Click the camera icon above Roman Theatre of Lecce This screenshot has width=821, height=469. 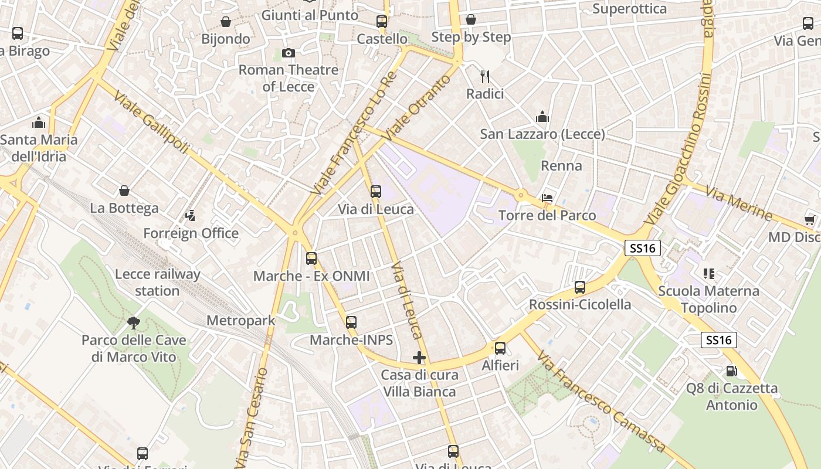click(x=288, y=53)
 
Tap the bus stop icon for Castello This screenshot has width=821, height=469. click(x=382, y=22)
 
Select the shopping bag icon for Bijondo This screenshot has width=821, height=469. click(x=226, y=22)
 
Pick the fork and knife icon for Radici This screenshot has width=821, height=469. click(x=485, y=76)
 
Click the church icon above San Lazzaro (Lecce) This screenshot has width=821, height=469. click(x=542, y=117)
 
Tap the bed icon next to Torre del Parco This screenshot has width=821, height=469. click(x=547, y=198)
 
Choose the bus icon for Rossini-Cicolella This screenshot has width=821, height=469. click(x=580, y=287)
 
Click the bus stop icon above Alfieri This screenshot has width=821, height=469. click(x=500, y=348)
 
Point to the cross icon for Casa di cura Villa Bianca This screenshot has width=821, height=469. click(x=419, y=357)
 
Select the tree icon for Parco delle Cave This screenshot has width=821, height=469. click(x=134, y=322)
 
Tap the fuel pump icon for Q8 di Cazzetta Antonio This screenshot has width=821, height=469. click(x=732, y=371)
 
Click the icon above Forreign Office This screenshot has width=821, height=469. click(x=191, y=216)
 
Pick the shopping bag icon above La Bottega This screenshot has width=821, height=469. click(x=124, y=191)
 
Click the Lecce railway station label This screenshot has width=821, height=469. click(x=157, y=282)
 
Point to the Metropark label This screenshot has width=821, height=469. click(x=241, y=321)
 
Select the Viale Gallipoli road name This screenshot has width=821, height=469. click(x=151, y=122)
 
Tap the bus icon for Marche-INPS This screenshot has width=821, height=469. click(x=351, y=322)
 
